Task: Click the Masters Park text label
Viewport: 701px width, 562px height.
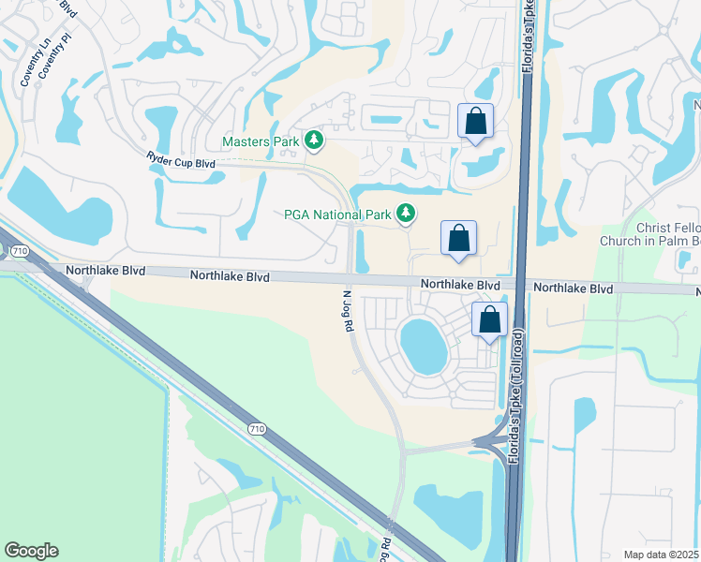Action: click(261, 142)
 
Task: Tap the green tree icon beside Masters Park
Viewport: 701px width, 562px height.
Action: click(314, 141)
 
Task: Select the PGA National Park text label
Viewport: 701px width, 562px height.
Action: click(337, 214)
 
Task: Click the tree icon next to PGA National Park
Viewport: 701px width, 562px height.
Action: click(406, 214)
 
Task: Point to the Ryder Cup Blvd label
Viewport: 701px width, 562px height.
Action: click(181, 162)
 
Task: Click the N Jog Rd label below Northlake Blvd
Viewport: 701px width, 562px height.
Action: click(344, 310)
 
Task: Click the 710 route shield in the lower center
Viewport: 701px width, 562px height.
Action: click(257, 428)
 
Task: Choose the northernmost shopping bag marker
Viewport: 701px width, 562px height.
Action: click(475, 121)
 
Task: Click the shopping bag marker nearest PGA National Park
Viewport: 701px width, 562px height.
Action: click(458, 238)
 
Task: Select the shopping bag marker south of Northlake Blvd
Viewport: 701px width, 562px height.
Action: click(489, 319)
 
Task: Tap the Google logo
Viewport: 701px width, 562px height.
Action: click(31, 551)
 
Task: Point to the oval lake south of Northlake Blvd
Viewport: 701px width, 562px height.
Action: click(424, 344)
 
